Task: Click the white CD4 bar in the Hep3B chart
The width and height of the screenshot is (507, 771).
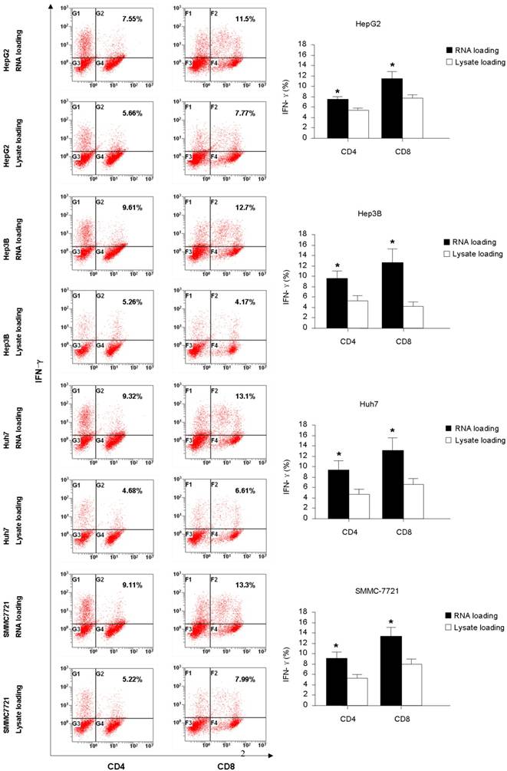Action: point(358,314)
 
